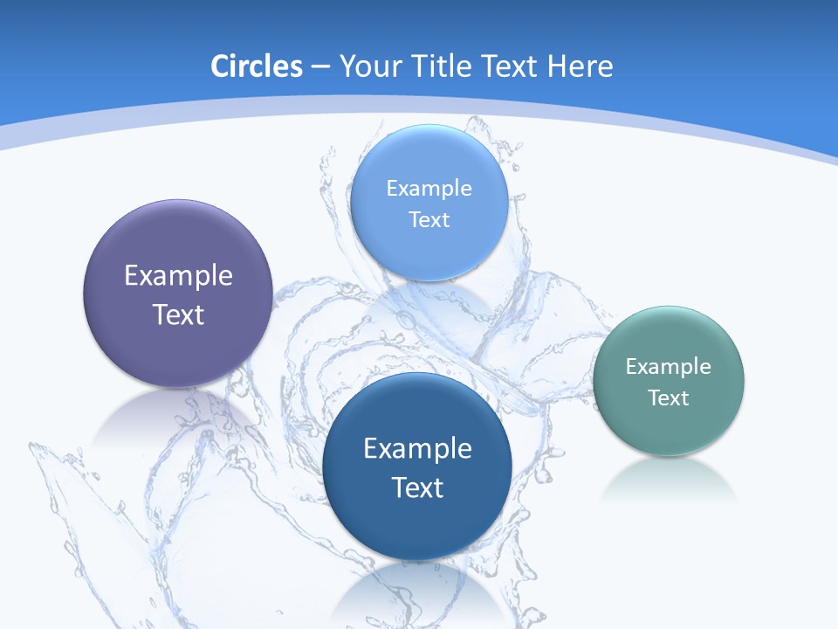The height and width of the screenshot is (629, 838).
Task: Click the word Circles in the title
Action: tap(257, 66)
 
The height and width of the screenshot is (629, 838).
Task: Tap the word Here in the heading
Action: tap(580, 66)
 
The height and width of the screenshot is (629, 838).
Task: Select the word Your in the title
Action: tap(369, 66)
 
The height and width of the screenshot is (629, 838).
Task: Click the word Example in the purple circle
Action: tap(178, 276)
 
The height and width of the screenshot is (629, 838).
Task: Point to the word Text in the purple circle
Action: tap(178, 314)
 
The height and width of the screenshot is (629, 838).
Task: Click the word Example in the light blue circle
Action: tap(429, 189)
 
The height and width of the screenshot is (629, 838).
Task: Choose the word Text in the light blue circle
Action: tap(429, 220)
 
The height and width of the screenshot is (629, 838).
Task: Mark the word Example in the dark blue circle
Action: tap(417, 449)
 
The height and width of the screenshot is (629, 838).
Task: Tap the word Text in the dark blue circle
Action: tap(417, 487)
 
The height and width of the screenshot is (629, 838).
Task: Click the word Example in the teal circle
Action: tap(669, 367)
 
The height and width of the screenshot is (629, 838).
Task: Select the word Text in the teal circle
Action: tap(669, 398)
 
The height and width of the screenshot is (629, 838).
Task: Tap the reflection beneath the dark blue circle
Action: tap(417, 594)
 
